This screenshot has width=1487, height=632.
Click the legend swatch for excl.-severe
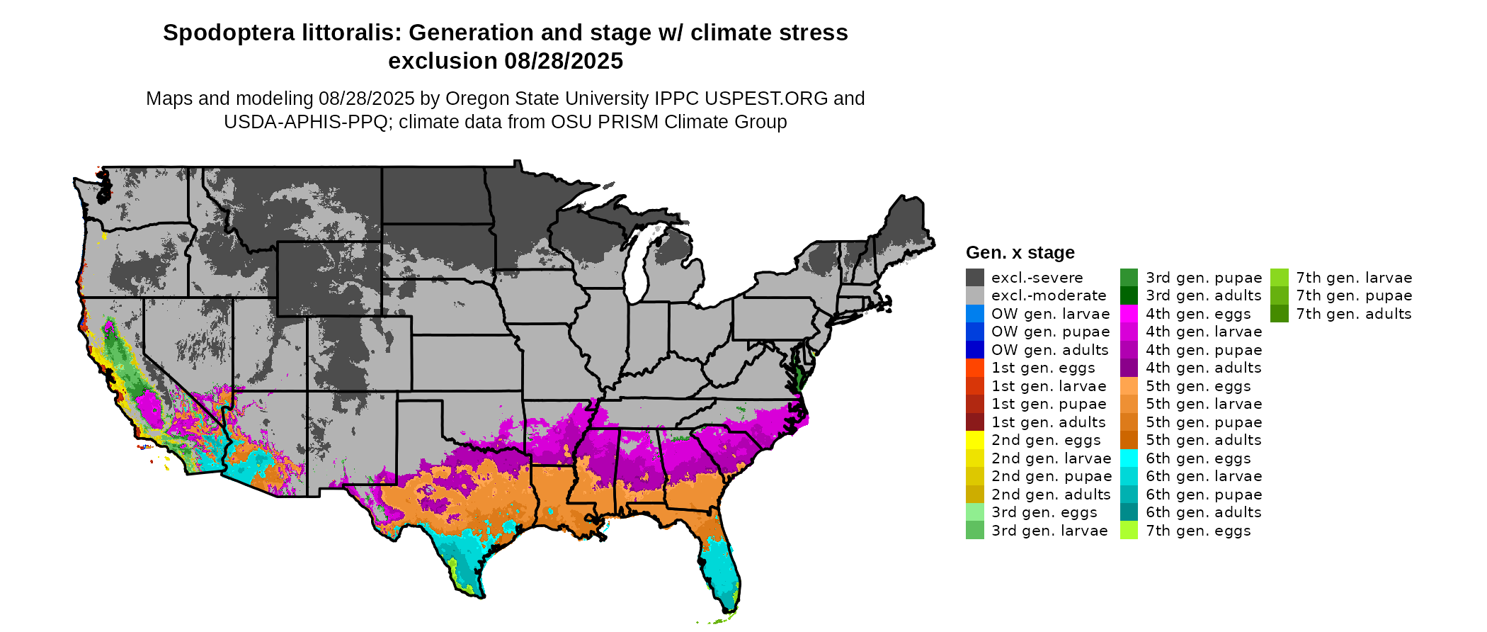(975, 278)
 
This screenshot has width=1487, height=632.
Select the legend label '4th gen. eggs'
(1198, 314)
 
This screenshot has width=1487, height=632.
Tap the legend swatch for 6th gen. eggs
(1129, 458)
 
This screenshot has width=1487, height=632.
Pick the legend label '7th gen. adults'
(1353, 314)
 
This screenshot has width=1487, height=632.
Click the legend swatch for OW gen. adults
(975, 350)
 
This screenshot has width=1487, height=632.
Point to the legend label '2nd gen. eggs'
(1046, 440)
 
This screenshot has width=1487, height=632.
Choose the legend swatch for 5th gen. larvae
(1129, 404)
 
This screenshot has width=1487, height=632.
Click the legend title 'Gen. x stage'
(1020, 253)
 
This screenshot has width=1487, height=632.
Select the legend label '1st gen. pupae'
(1048, 404)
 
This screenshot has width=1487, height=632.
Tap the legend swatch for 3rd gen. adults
(1129, 295)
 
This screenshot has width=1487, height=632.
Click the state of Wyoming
(329, 278)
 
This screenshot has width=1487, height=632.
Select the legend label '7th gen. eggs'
(1198, 531)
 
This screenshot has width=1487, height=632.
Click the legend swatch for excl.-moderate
(975, 295)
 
